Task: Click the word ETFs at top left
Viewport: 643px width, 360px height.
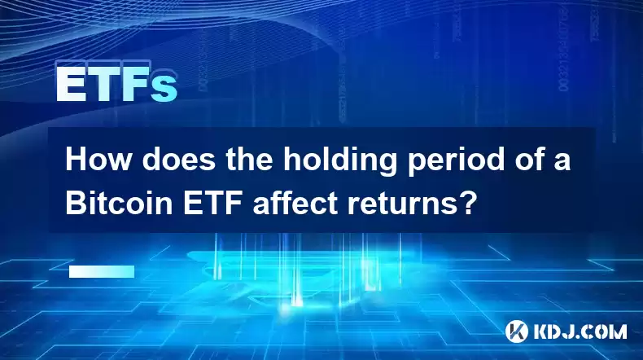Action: click(117, 84)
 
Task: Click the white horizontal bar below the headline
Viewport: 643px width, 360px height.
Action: click(102, 271)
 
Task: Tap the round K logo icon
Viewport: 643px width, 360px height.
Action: click(516, 331)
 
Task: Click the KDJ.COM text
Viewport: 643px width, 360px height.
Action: click(580, 331)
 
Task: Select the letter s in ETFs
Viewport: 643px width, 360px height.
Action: click(164, 88)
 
